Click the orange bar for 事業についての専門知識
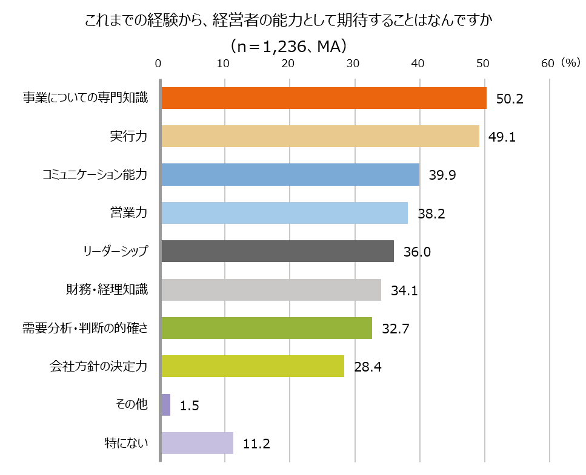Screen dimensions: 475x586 [324, 98]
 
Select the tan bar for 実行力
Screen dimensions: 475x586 [320, 136]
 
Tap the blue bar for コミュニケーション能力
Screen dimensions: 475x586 [290, 175]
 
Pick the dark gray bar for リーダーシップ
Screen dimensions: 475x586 [278, 251]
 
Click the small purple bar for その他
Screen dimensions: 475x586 [166, 405]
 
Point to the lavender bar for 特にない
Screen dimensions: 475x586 [197, 443]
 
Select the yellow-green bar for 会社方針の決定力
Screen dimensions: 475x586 [253, 366]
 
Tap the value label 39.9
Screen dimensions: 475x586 [442, 175]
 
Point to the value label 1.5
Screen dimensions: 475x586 [189, 405]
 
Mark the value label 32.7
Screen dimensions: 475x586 [396, 329]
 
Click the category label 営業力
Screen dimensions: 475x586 [129, 213]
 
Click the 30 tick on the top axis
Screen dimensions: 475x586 [353, 64]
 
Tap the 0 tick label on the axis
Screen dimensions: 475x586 [159, 64]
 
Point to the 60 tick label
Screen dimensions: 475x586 [547, 64]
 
